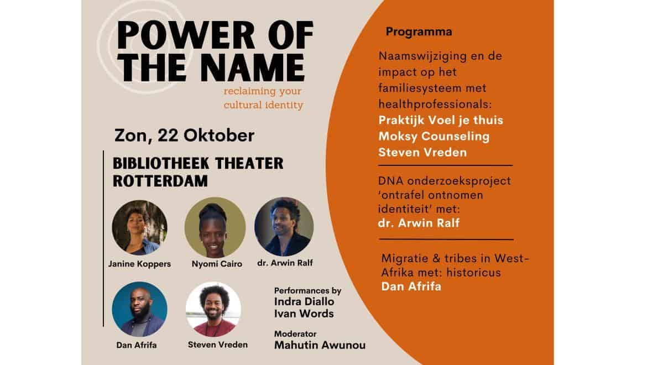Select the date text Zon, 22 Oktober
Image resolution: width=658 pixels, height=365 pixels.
[185, 135]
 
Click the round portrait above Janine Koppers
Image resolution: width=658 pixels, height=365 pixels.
[139, 227]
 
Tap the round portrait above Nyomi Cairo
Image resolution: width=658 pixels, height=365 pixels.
[215, 227]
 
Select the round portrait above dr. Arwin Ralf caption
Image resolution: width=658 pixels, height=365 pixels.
[284, 227]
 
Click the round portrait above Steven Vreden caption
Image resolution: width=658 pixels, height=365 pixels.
[213, 309]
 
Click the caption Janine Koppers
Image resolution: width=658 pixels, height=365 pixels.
[139, 264]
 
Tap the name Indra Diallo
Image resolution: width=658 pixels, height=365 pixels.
[304, 302]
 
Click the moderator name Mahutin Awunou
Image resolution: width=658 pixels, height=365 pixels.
[320, 346]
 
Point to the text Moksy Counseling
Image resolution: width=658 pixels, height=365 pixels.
[434, 135]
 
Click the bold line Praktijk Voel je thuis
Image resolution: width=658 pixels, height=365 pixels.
[441, 120]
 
